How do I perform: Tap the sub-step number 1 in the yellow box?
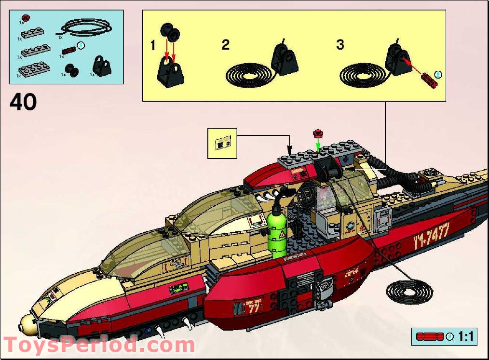point(153,46)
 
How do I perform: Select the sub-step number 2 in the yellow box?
point(226,45)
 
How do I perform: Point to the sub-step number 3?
point(340,45)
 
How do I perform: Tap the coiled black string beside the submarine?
point(409,291)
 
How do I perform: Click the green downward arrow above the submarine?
point(317,144)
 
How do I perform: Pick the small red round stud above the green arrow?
point(317,133)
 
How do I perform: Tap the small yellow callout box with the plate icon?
point(222,143)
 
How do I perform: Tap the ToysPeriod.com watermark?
point(99,345)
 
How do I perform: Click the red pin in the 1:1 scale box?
point(429,336)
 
